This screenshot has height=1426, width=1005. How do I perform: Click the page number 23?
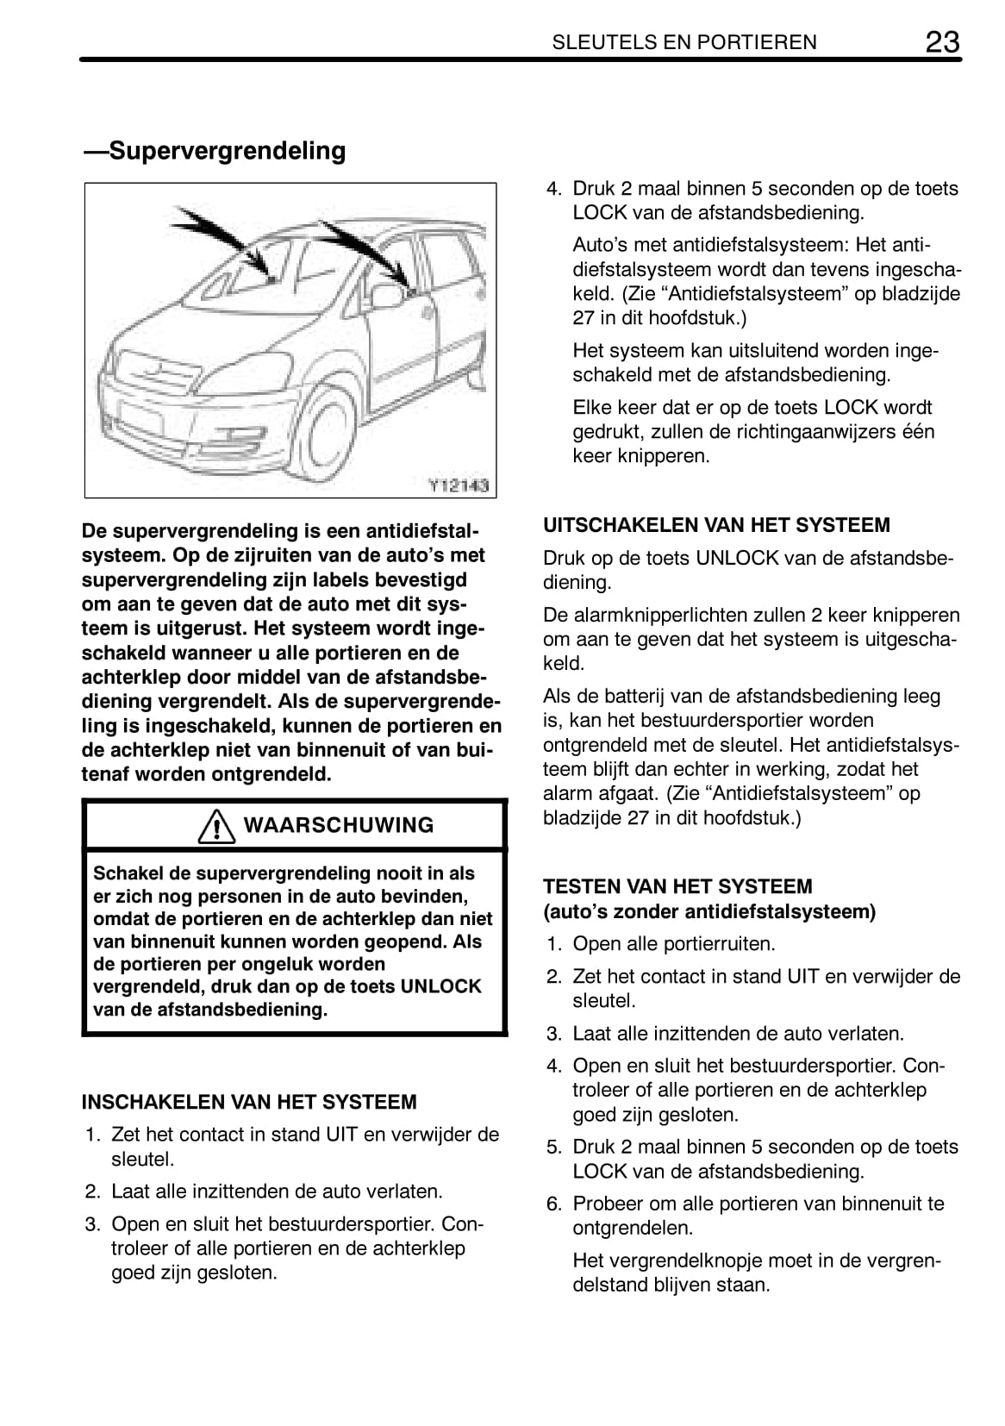click(x=942, y=41)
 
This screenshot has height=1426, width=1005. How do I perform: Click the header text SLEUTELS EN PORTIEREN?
click(x=684, y=42)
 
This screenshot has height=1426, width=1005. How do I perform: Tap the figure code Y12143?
click(x=459, y=485)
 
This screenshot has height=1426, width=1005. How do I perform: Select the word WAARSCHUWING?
click(x=339, y=825)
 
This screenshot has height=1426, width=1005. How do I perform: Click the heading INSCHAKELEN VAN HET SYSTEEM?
click(x=248, y=1102)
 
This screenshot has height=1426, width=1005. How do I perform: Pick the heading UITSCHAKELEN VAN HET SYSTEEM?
click(x=716, y=525)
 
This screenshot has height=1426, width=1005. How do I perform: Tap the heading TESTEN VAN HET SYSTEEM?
click(x=677, y=886)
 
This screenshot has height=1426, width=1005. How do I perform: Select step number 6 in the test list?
click(x=553, y=1204)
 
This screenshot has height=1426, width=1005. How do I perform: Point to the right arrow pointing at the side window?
click(x=366, y=249)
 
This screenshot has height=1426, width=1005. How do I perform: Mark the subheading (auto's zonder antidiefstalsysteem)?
click(x=708, y=910)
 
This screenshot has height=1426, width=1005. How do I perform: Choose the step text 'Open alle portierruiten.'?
click(x=674, y=943)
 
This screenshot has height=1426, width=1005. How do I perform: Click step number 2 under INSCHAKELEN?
click(x=92, y=1191)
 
